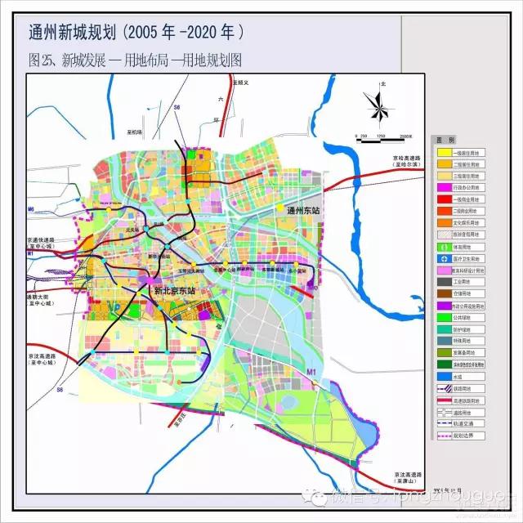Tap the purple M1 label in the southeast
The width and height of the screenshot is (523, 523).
click(311, 373)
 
